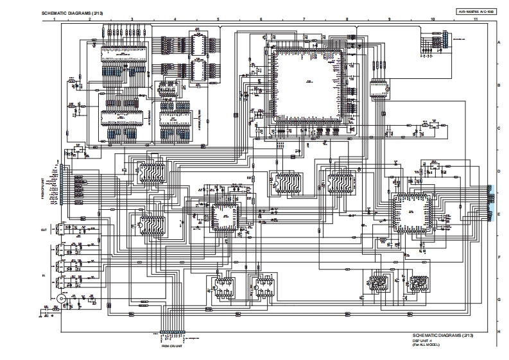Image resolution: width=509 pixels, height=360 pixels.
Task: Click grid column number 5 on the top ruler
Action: tap(218, 20)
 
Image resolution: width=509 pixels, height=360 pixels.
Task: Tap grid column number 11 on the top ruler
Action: tap(476, 20)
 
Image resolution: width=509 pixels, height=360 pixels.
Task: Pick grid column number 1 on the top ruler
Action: tap(55, 20)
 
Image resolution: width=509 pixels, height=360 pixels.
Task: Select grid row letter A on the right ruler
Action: tap(499, 42)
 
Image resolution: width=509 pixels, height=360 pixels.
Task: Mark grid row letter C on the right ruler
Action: tap(499, 128)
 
